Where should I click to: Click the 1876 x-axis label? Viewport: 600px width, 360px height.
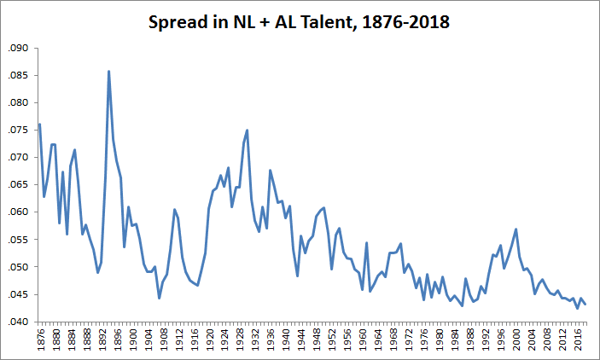point(39,339)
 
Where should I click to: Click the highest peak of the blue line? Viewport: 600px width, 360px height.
point(108,71)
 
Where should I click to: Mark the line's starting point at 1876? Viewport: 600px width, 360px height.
point(39,125)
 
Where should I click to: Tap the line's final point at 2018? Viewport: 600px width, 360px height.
point(585,304)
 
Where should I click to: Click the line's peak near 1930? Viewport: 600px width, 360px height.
point(247,131)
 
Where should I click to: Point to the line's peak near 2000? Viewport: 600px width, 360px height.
point(516,229)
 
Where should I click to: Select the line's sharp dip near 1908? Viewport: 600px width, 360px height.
point(159,298)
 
